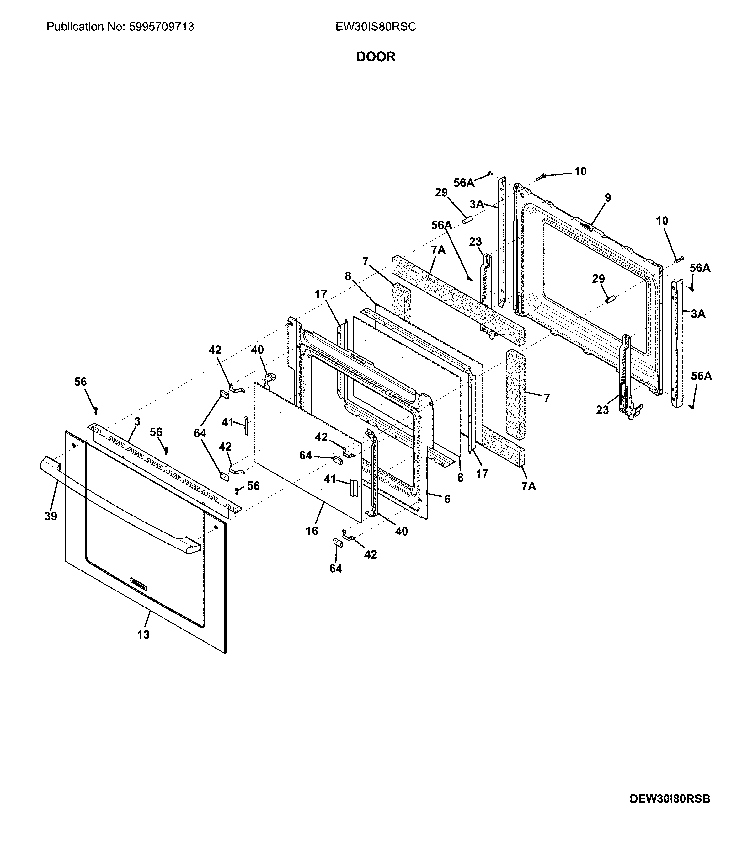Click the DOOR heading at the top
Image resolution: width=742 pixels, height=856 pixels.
376,57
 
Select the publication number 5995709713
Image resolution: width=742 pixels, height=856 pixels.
162,27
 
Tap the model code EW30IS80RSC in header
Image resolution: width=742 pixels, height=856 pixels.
376,27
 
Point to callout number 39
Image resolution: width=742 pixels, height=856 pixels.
51,516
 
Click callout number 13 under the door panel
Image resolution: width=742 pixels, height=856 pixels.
143,634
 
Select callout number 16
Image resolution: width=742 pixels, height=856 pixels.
312,531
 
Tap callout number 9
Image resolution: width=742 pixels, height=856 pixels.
607,198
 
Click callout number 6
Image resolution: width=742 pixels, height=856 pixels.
447,499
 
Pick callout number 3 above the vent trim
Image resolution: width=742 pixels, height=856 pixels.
137,422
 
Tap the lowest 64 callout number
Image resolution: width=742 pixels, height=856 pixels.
336,569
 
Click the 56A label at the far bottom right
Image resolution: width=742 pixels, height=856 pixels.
702,376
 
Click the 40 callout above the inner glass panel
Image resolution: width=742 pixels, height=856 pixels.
258,350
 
